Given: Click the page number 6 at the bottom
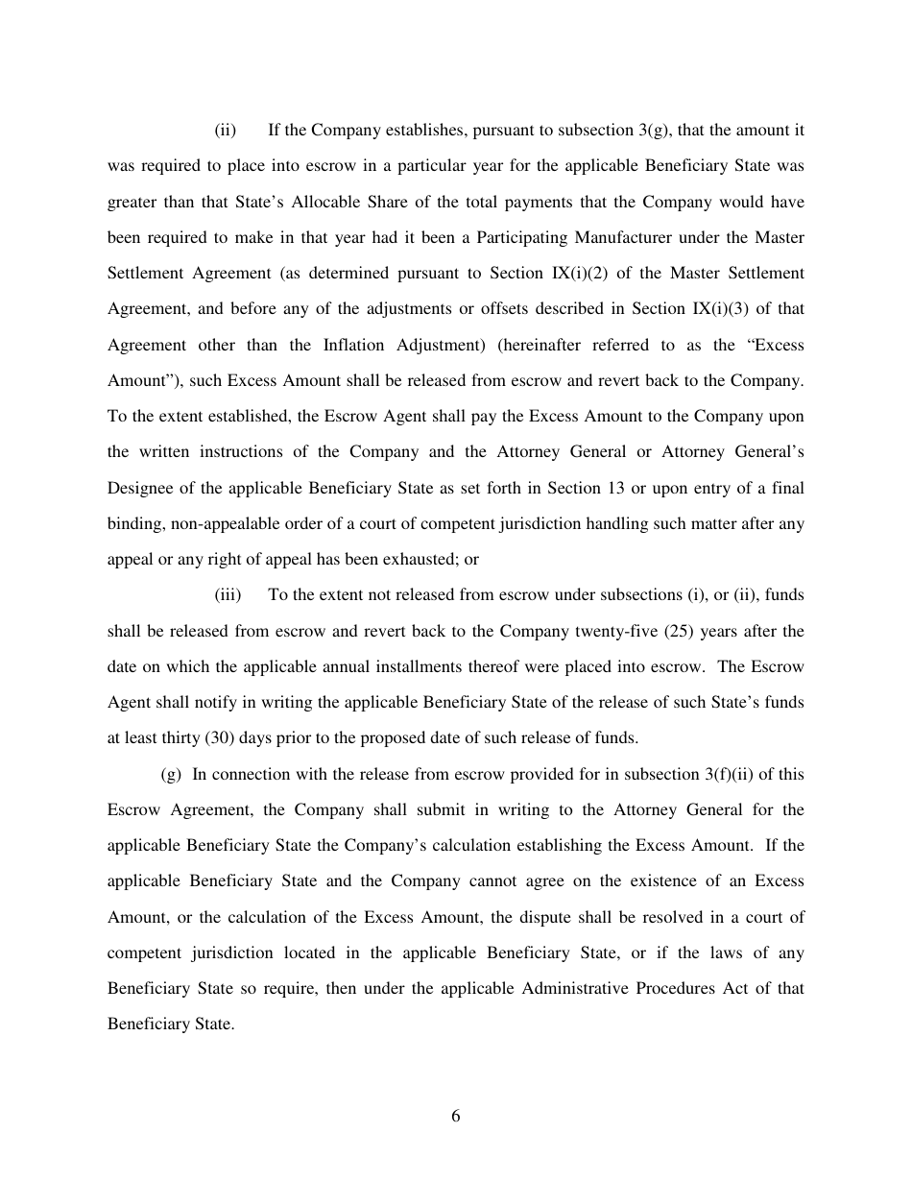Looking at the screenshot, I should click(x=456, y=1116).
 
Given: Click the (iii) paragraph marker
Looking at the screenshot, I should click(x=228, y=595).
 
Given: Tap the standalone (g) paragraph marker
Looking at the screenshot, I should click(x=171, y=774).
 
